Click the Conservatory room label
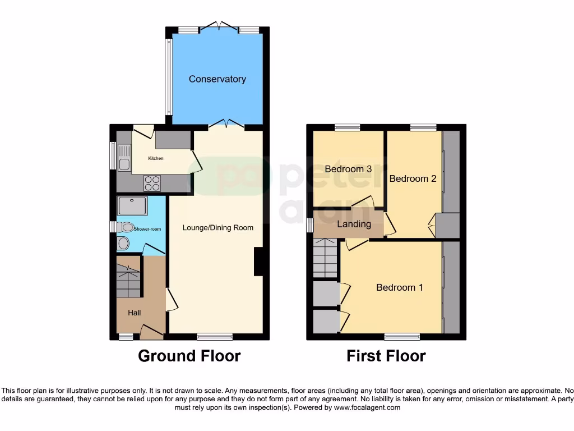click(x=217, y=79)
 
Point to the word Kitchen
click(x=156, y=159)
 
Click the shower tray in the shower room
click(x=133, y=205)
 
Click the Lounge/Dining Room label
click(x=217, y=228)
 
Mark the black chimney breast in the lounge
click(x=258, y=262)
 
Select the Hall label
click(x=135, y=313)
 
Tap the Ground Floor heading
click(x=189, y=356)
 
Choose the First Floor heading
click(x=386, y=356)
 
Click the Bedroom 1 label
click(x=399, y=287)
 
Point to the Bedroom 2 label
click(x=413, y=179)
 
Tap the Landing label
click(x=354, y=224)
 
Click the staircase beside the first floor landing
click(x=325, y=258)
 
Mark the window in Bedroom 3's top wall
click(x=348, y=127)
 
